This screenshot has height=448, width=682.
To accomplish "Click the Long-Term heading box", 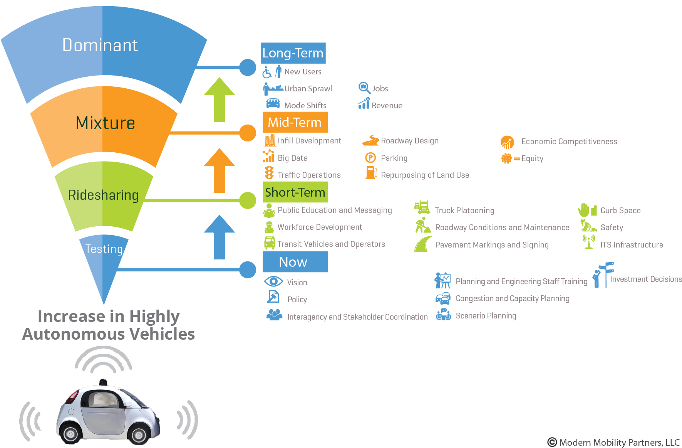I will click(293, 53).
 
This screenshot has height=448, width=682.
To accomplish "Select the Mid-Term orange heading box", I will click(295, 122).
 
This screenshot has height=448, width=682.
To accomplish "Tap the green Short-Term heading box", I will click(295, 192).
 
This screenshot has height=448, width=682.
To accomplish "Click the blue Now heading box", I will click(295, 262).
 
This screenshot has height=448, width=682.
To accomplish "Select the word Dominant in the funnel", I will click(100, 45).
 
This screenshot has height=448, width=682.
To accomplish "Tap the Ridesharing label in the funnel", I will click(103, 195).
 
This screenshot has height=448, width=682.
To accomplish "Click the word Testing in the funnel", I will click(104, 249).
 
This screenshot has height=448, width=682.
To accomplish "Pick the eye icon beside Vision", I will click(273, 281).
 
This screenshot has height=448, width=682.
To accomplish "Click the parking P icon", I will click(370, 158).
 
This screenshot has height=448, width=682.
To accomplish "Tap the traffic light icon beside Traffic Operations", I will click(269, 173).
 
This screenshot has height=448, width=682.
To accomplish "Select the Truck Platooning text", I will click(464, 211).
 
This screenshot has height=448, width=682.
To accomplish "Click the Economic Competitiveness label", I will click(569, 141).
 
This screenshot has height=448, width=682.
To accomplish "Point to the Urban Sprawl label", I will click(308, 89).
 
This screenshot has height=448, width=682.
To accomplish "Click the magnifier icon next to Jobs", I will click(364, 88).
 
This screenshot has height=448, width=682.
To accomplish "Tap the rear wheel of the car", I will click(70, 434).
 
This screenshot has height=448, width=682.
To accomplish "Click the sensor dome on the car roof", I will click(103, 382).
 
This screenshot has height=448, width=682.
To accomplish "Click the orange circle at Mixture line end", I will click(248, 133).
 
